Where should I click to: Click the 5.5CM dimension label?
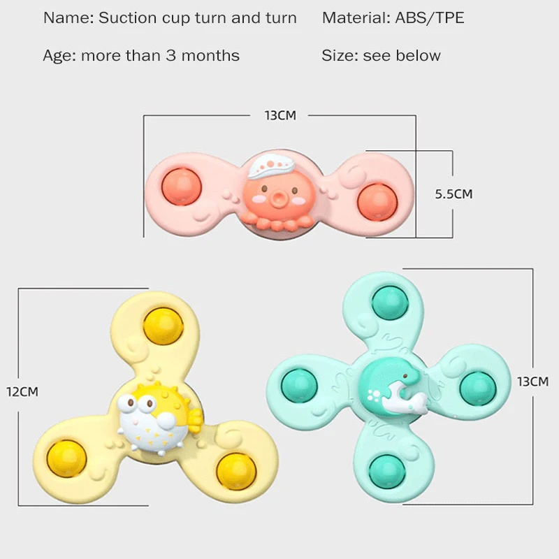pos(453,194)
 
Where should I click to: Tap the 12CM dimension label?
pos(22,391)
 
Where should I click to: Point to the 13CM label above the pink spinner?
pos(279,115)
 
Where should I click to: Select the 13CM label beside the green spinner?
pos(532,382)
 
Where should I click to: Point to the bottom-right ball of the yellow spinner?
pos(236,471)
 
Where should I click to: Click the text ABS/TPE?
pos(425,18)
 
